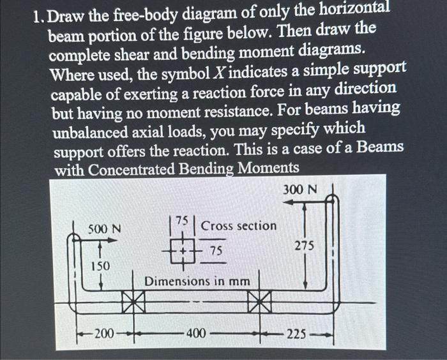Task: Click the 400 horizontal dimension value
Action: click(x=196, y=332)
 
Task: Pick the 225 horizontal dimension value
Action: click(x=296, y=332)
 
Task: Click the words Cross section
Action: click(x=239, y=226)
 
